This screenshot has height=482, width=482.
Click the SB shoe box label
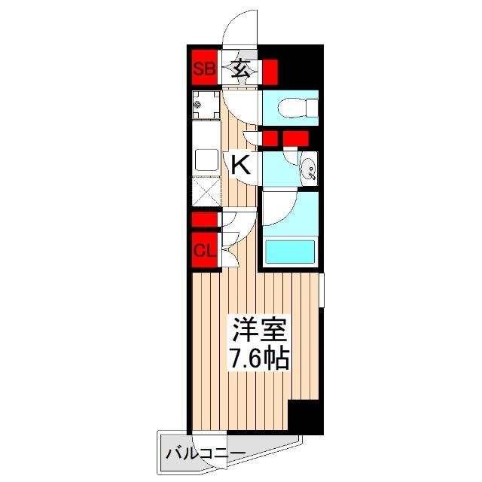203,70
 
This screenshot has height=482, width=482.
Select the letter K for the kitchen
241,164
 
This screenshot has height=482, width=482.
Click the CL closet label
203,251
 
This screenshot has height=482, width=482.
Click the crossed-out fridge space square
204,191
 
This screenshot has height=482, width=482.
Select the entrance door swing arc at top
241,30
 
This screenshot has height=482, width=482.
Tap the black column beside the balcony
306,417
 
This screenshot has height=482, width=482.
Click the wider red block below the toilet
296,139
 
